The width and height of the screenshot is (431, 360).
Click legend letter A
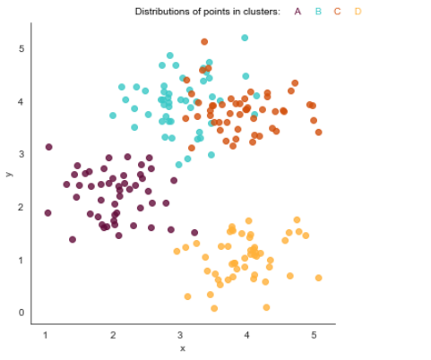(297, 12)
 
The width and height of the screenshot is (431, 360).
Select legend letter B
(318, 12)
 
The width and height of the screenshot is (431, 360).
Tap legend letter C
(338, 12)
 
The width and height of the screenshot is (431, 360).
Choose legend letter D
(358, 12)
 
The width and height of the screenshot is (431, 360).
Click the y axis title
(9, 175)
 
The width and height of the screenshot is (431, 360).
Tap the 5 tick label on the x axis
(314, 334)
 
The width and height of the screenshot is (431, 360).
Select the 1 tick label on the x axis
(46, 334)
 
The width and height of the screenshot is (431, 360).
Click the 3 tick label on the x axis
(179, 334)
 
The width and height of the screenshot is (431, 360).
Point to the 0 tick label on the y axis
(21, 313)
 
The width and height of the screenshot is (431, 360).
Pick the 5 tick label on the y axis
(21, 48)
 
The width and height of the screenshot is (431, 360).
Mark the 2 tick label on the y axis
(21, 207)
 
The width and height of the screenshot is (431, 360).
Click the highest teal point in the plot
(245, 38)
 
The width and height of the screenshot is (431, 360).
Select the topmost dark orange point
(204, 41)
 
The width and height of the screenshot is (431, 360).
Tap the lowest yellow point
(266, 307)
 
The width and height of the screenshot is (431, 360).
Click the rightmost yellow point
(318, 278)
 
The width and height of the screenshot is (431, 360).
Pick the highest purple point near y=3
(48, 147)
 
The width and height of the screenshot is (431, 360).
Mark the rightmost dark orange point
(318, 132)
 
